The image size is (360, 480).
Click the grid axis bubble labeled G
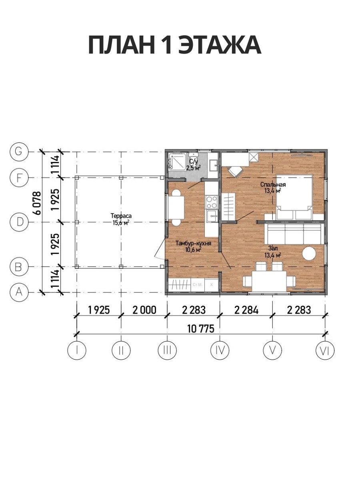pyautogui.click(x=19, y=152)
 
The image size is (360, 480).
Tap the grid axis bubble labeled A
pyautogui.click(x=19, y=292)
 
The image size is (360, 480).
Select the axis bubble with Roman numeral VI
pyautogui.click(x=325, y=350)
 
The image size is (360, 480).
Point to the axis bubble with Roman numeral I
pyautogui.click(x=77, y=350)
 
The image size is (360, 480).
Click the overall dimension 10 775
pyautogui.click(x=201, y=329)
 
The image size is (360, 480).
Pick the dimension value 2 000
pyautogui.click(x=144, y=310)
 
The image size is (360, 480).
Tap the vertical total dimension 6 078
pyautogui.click(x=37, y=203)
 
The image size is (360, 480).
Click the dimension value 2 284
pyautogui.click(x=246, y=310)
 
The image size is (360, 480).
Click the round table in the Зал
pyautogui.click(x=309, y=254)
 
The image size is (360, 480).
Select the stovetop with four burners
pyautogui.click(x=212, y=202)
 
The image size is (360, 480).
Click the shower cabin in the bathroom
pyautogui.click(x=177, y=162)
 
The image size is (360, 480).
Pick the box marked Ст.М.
pyautogui.click(x=198, y=285)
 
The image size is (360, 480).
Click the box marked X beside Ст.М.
pyautogui.click(x=211, y=285)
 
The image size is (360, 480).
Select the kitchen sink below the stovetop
pyautogui.click(x=212, y=216)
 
